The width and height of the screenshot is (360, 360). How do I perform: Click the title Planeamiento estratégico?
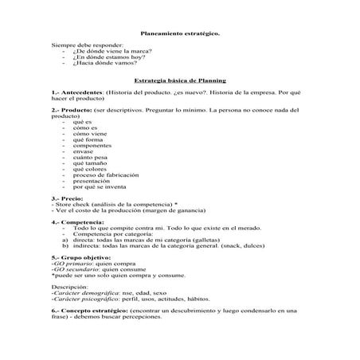[180, 34]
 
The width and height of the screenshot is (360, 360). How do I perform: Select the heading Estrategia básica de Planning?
[180, 80]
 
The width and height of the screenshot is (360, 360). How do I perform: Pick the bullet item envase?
[83, 151]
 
